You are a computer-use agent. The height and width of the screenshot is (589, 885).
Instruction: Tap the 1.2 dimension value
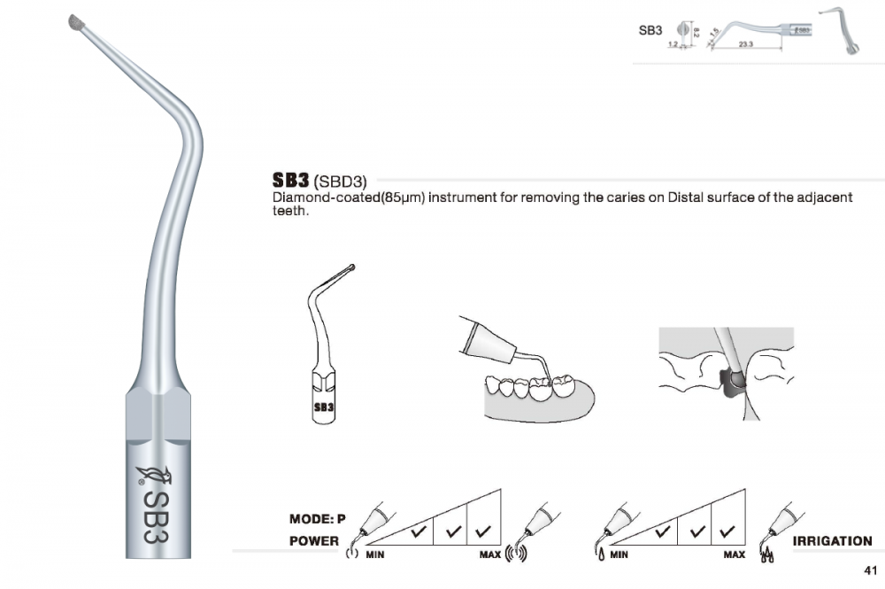673,43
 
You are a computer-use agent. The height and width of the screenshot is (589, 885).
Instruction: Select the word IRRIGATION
832,540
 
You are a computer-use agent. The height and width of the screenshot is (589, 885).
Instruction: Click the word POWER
314,540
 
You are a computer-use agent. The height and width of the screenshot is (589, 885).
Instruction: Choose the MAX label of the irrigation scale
734,555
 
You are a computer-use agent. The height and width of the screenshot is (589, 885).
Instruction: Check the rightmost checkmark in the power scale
482,531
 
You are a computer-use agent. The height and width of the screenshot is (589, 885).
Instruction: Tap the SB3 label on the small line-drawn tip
324,408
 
